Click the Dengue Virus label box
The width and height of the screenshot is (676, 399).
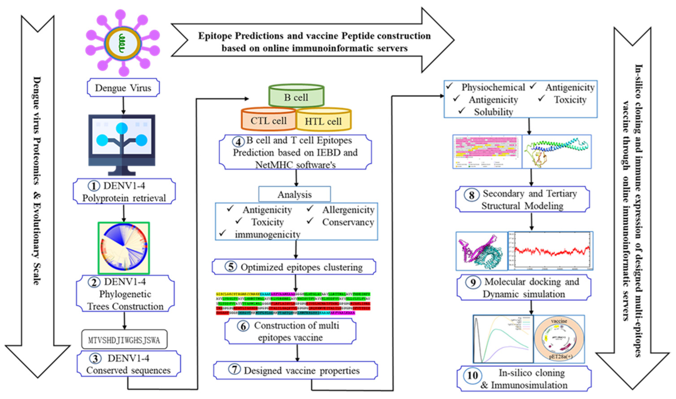123,88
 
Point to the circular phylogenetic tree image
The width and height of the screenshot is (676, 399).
124,248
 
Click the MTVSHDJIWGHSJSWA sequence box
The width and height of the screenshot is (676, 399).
124,340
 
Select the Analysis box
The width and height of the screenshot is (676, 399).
295,194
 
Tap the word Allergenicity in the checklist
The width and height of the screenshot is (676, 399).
348,210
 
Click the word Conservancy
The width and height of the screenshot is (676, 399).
348,222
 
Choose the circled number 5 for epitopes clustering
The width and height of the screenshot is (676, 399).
231,267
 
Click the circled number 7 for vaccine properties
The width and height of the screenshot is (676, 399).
234,370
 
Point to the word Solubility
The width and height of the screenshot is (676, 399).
493,112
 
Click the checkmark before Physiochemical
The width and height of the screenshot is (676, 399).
449,86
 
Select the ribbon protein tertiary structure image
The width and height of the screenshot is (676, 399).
556,152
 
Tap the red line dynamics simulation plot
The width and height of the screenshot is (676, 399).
550,251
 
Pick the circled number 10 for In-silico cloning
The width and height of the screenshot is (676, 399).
472,375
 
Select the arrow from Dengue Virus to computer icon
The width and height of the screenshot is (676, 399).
123,105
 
